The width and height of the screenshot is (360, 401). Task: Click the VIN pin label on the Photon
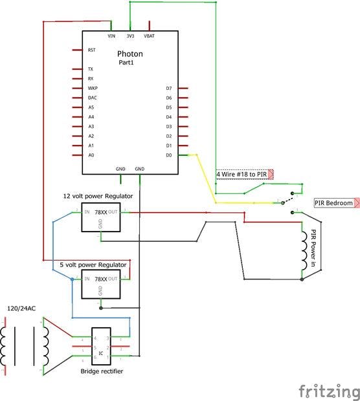coord(111,36)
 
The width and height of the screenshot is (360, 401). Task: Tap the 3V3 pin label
coord(130,36)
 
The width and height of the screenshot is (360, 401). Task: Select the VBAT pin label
coord(149,36)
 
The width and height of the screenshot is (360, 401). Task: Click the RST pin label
coord(91,50)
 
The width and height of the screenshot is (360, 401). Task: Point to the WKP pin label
coord(92,88)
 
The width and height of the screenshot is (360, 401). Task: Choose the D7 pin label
coord(168,88)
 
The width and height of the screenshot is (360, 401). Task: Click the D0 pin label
coord(168,155)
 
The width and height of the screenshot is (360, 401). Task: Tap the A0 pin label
coord(91,155)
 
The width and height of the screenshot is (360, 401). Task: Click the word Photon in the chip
coord(129,54)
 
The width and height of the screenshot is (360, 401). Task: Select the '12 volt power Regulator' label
coord(98,195)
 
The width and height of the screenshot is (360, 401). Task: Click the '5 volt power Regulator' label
coord(93,265)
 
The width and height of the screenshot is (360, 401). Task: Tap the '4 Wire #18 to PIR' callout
coord(242,174)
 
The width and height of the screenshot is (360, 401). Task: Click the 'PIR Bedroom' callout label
coord(334,203)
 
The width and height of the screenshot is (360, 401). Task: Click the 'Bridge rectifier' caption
coord(102,371)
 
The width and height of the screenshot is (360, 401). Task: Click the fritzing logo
coord(328,391)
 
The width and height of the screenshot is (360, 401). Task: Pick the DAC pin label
coord(92,98)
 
